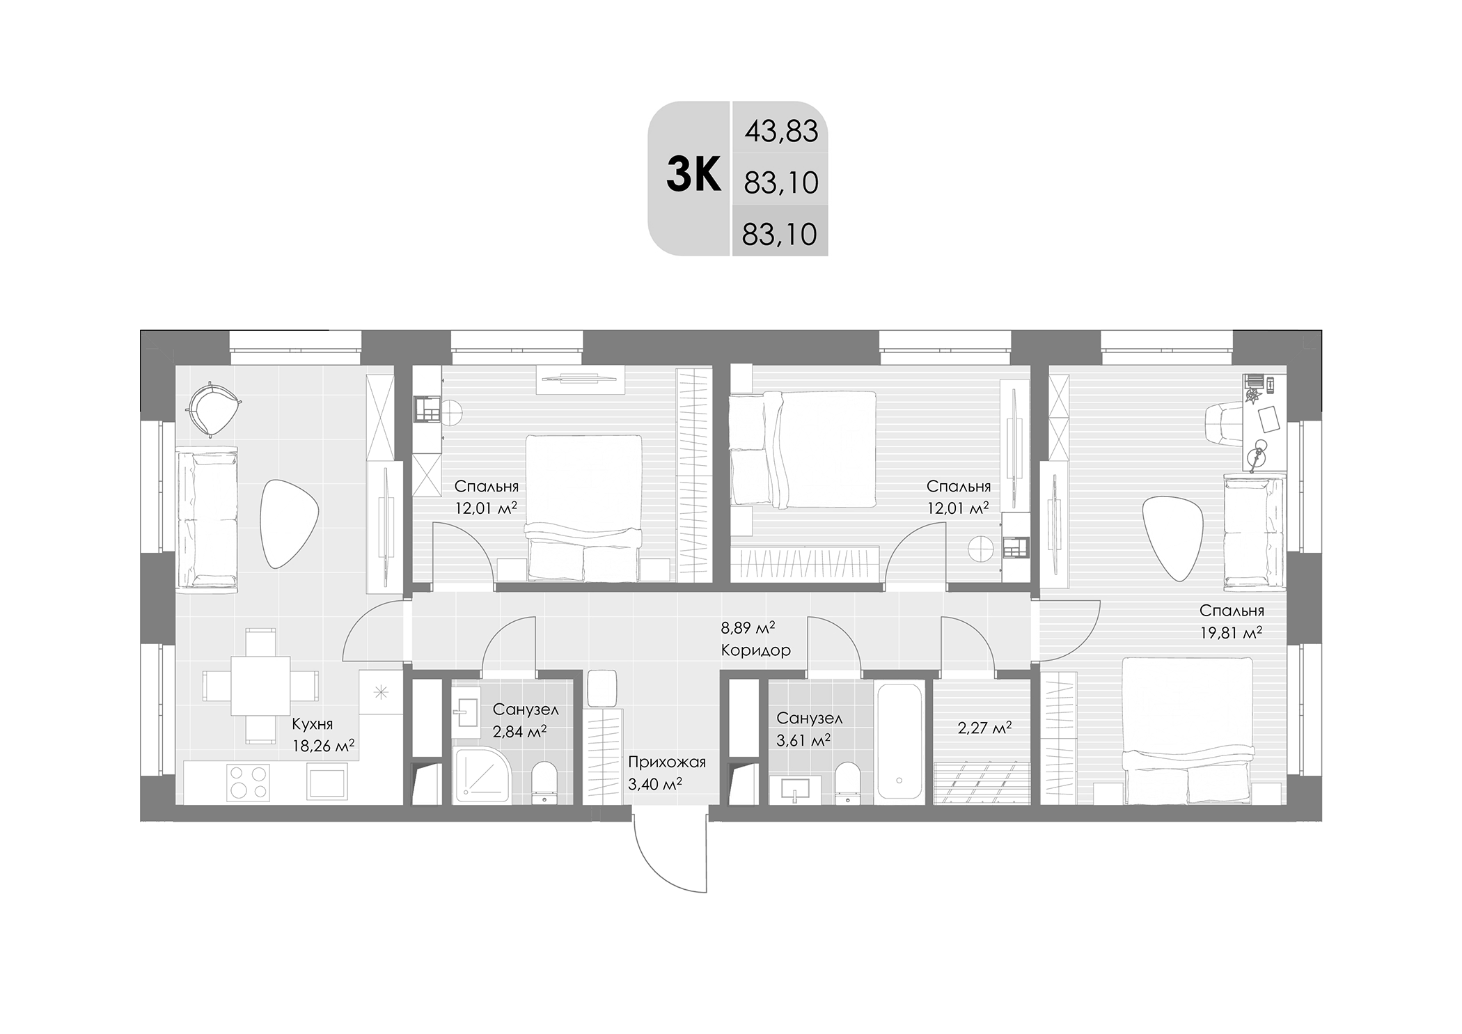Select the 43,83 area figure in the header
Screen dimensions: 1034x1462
781,131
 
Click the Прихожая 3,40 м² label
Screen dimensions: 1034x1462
666,773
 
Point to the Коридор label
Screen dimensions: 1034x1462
755,650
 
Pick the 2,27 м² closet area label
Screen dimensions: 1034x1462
984,728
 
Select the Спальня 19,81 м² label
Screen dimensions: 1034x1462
1230,621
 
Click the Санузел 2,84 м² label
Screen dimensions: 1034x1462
525,720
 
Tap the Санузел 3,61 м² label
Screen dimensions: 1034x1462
809,728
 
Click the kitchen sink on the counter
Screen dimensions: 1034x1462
327,780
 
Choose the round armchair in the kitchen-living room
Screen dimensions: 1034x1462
212,409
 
